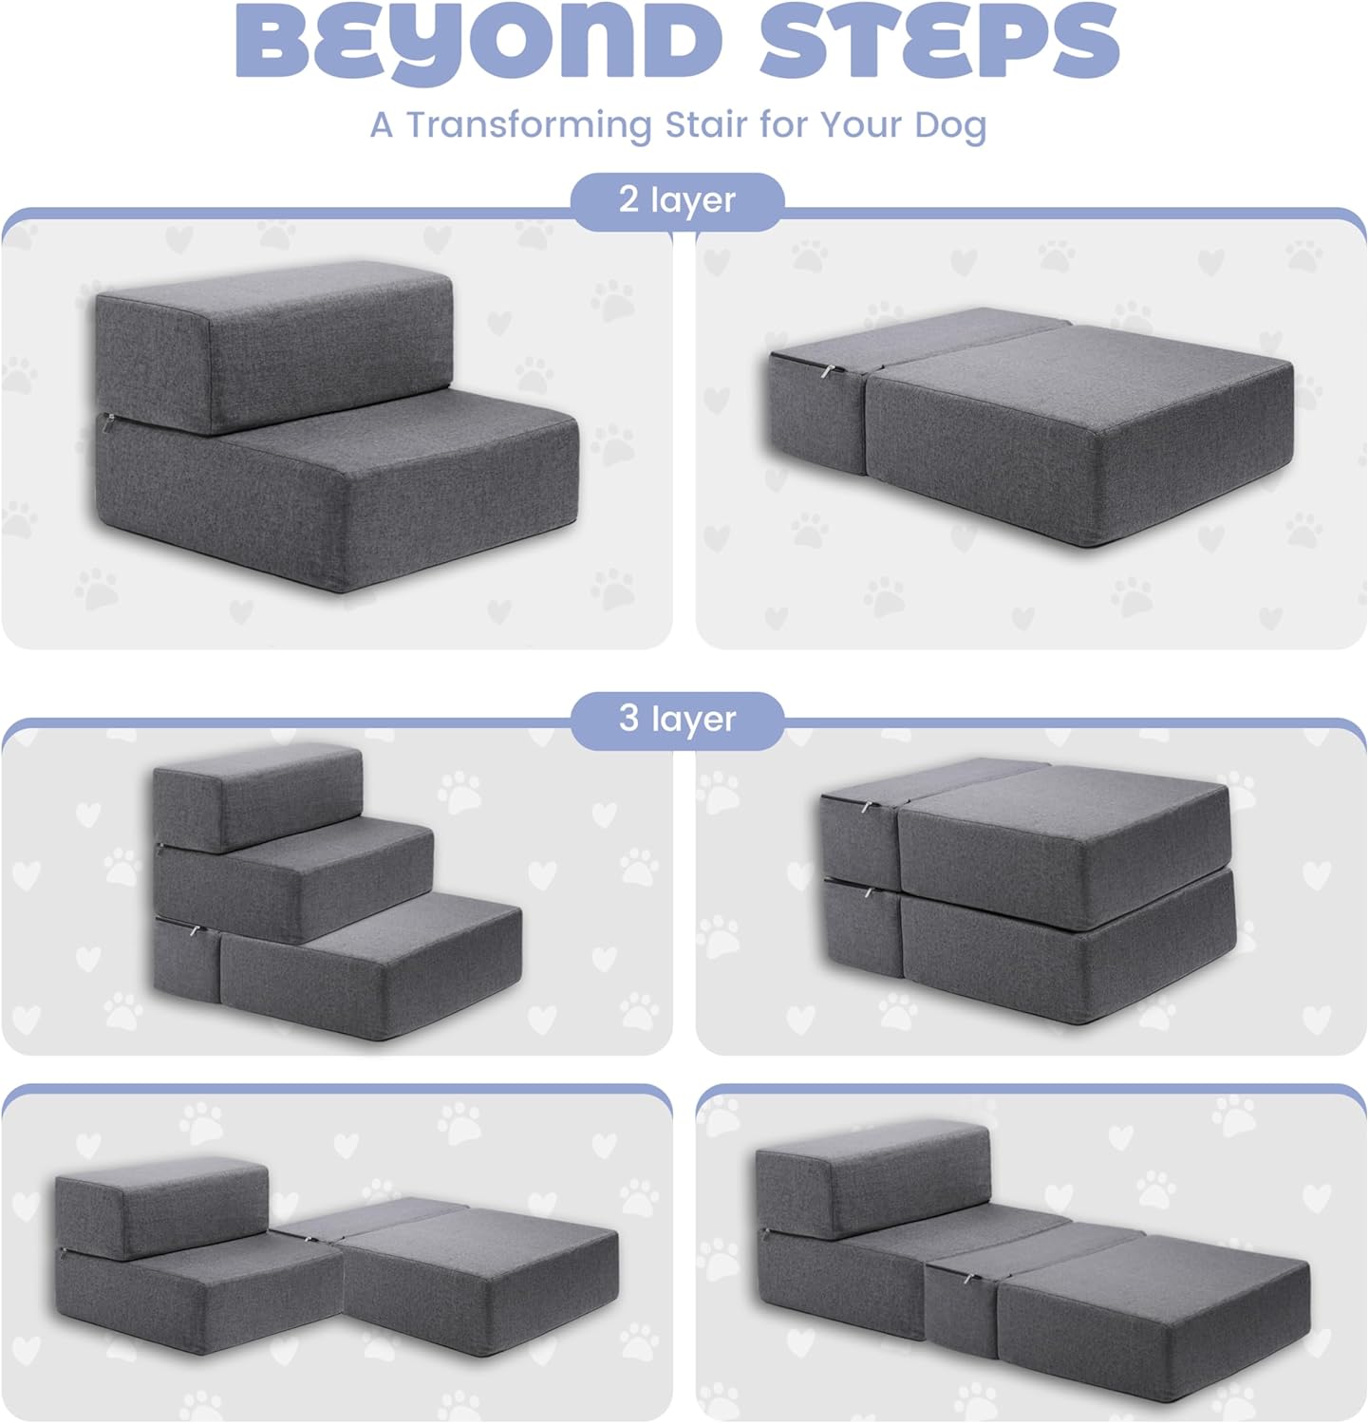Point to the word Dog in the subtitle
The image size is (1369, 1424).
(950, 125)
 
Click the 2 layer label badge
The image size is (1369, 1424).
(677, 200)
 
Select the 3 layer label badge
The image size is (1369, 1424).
(677, 719)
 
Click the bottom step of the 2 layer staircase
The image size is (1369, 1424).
(380, 494)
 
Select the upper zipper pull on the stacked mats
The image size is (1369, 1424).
(867, 808)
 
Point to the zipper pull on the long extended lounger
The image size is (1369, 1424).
(968, 1280)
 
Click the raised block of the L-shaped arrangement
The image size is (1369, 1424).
(161, 1206)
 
